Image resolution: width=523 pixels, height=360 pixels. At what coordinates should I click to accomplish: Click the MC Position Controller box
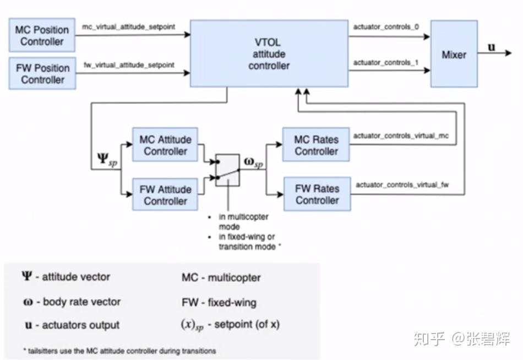(x=42, y=35)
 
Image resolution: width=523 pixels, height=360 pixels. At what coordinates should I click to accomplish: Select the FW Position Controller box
(x=42, y=73)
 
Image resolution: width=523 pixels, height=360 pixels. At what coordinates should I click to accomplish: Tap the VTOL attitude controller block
(x=269, y=54)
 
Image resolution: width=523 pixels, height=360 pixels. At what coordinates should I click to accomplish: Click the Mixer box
(x=454, y=54)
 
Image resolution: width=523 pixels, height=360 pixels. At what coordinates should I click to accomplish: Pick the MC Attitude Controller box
(x=165, y=145)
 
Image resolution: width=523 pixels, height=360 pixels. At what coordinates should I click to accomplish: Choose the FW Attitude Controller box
(x=165, y=195)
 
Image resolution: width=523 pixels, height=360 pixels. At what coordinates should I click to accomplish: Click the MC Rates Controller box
(x=316, y=145)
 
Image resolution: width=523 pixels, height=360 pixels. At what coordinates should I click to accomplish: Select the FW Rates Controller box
(x=317, y=194)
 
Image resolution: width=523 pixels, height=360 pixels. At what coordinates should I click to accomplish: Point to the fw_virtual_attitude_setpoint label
(x=129, y=65)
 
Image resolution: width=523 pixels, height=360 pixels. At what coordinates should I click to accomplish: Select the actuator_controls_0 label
(x=383, y=26)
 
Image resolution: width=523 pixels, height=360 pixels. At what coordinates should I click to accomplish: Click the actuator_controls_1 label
(x=383, y=63)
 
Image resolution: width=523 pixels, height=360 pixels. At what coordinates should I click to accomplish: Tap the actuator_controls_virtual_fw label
(x=402, y=184)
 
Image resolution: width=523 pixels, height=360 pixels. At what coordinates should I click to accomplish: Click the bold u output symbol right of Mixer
(x=491, y=47)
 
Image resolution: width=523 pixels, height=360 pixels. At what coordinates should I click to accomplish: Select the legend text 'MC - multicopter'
(x=221, y=277)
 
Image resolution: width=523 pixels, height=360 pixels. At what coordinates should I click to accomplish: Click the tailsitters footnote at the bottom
(x=119, y=350)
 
